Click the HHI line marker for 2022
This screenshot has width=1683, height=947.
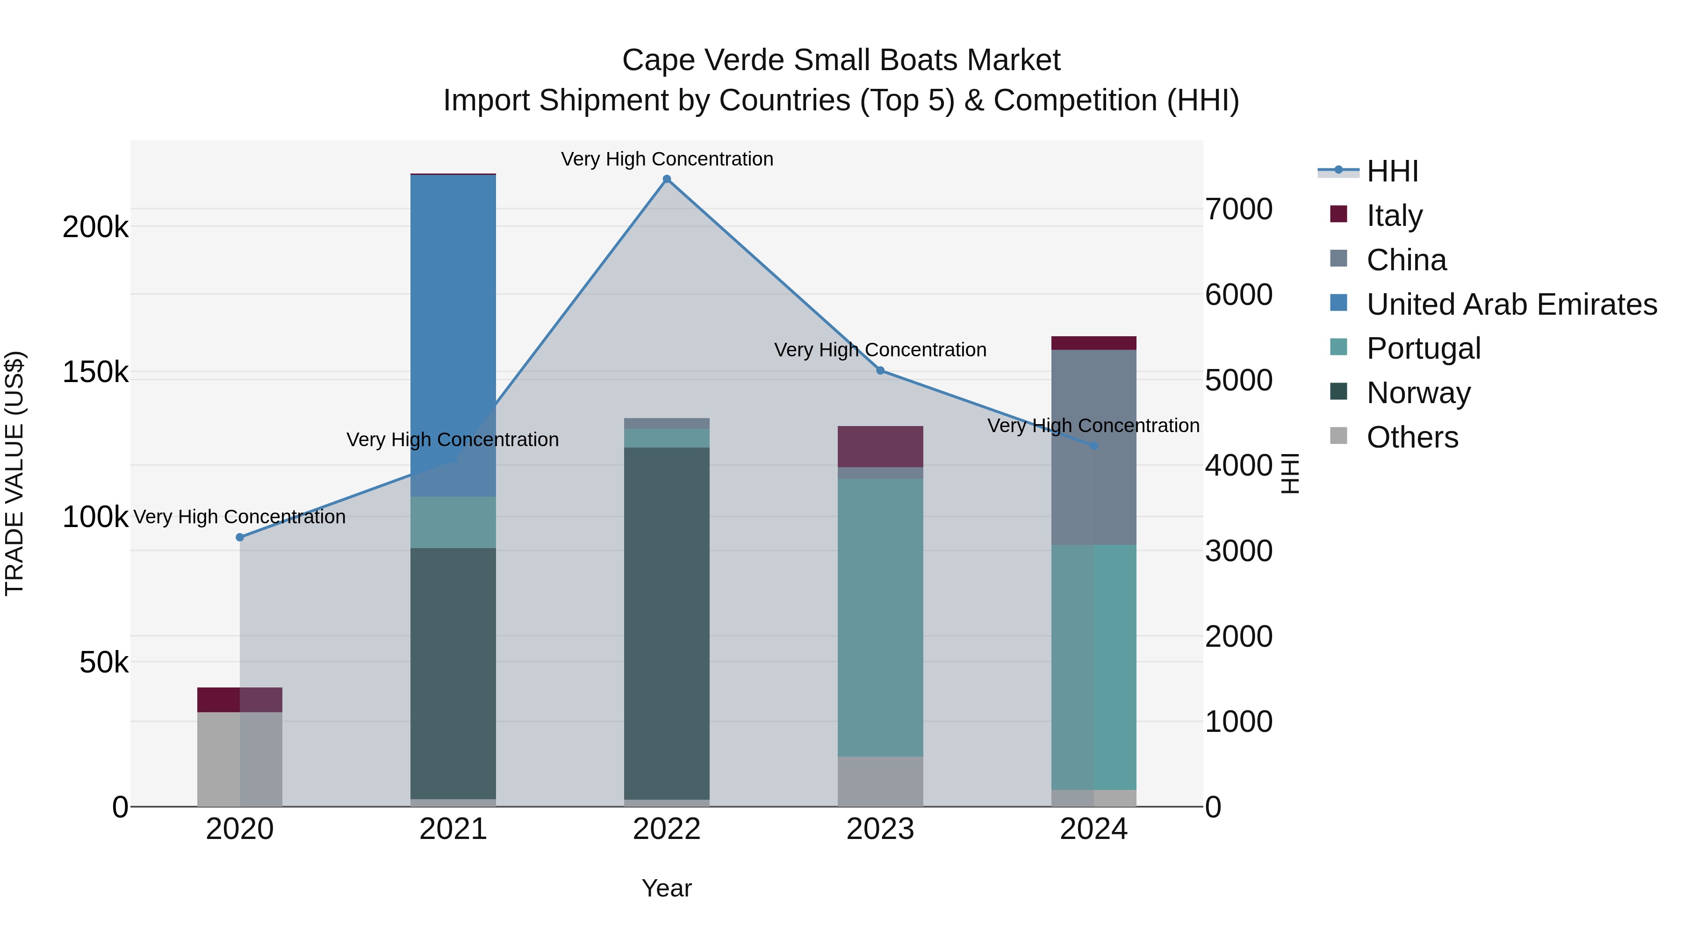tap(666, 179)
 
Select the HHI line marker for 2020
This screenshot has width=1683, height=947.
tap(240, 537)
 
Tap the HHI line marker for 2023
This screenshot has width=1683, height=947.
tap(880, 370)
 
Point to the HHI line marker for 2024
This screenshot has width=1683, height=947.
tap(1093, 446)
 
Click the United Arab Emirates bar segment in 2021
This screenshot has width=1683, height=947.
tap(453, 327)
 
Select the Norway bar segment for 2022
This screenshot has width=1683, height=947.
tap(666, 621)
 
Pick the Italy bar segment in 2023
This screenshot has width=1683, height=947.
tap(880, 447)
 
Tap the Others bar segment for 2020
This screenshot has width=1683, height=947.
tap(240, 758)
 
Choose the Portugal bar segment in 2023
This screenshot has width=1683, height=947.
tap(880, 618)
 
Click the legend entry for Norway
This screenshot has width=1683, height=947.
tap(1418, 393)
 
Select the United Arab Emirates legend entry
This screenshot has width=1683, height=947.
tap(1511, 304)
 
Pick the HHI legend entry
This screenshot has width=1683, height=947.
tap(1392, 171)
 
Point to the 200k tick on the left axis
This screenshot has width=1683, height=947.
tap(95, 227)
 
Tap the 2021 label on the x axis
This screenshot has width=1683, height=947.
tap(453, 829)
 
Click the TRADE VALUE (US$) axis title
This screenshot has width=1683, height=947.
tap(14, 473)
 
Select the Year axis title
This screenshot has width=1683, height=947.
tap(666, 888)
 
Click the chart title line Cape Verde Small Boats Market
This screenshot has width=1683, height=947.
tap(841, 60)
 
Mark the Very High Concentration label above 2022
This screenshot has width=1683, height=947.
tap(666, 159)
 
